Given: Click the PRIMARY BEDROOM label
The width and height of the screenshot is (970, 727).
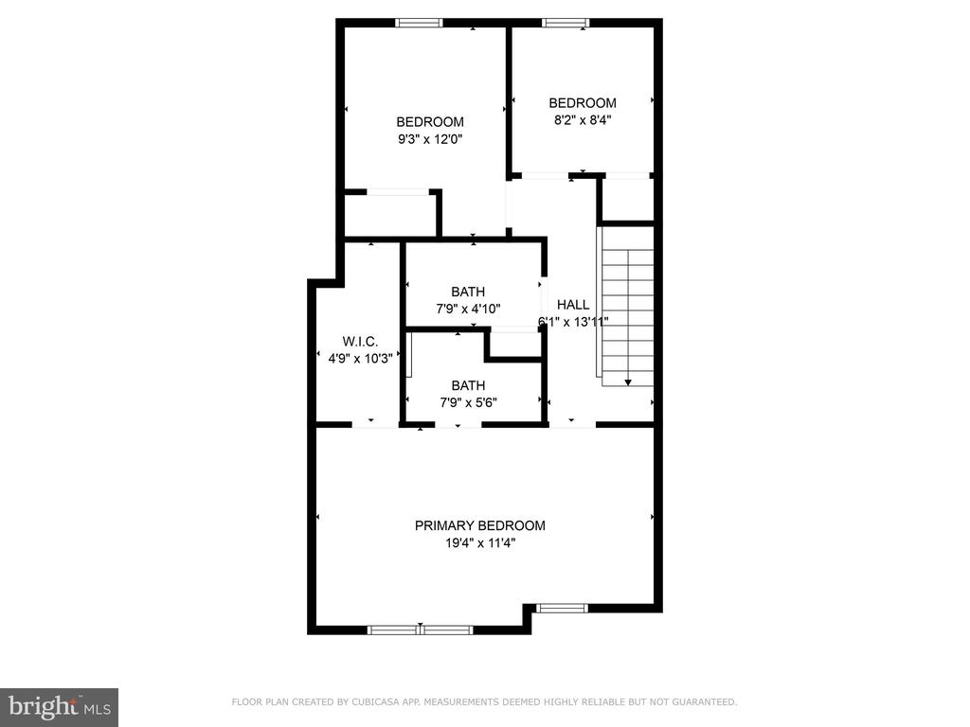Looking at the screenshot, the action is click(x=480, y=525).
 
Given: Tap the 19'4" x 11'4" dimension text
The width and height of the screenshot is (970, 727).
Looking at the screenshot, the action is click(x=480, y=543).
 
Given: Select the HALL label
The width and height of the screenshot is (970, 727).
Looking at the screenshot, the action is click(x=573, y=305).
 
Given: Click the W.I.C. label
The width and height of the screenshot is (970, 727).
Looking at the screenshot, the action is click(x=360, y=341).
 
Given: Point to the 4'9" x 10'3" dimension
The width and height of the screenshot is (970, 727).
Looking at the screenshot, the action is click(x=360, y=359).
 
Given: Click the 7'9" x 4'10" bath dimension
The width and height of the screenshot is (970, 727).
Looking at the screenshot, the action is click(x=468, y=309).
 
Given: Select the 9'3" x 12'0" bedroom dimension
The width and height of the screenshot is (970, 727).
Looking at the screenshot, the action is click(x=430, y=139).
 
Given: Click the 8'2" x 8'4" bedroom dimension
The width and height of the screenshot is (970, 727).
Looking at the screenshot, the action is click(x=583, y=120).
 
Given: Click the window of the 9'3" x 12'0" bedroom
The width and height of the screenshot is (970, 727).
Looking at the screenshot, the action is click(x=420, y=23).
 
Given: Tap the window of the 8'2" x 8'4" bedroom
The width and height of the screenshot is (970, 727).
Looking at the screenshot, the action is click(x=566, y=23).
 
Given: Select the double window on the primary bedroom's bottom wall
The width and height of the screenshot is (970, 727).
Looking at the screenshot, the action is click(x=420, y=629).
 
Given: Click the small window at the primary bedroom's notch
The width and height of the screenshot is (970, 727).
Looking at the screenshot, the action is click(x=562, y=609).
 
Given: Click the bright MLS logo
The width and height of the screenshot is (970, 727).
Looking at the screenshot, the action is click(x=59, y=707).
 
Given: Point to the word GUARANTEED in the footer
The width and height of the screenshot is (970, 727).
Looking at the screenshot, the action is click(x=704, y=701).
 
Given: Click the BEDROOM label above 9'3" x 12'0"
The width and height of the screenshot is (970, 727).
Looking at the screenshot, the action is click(x=430, y=122).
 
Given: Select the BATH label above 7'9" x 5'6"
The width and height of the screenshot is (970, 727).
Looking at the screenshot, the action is click(x=468, y=386).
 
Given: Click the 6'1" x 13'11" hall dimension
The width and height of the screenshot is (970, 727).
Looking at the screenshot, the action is click(x=573, y=322).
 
